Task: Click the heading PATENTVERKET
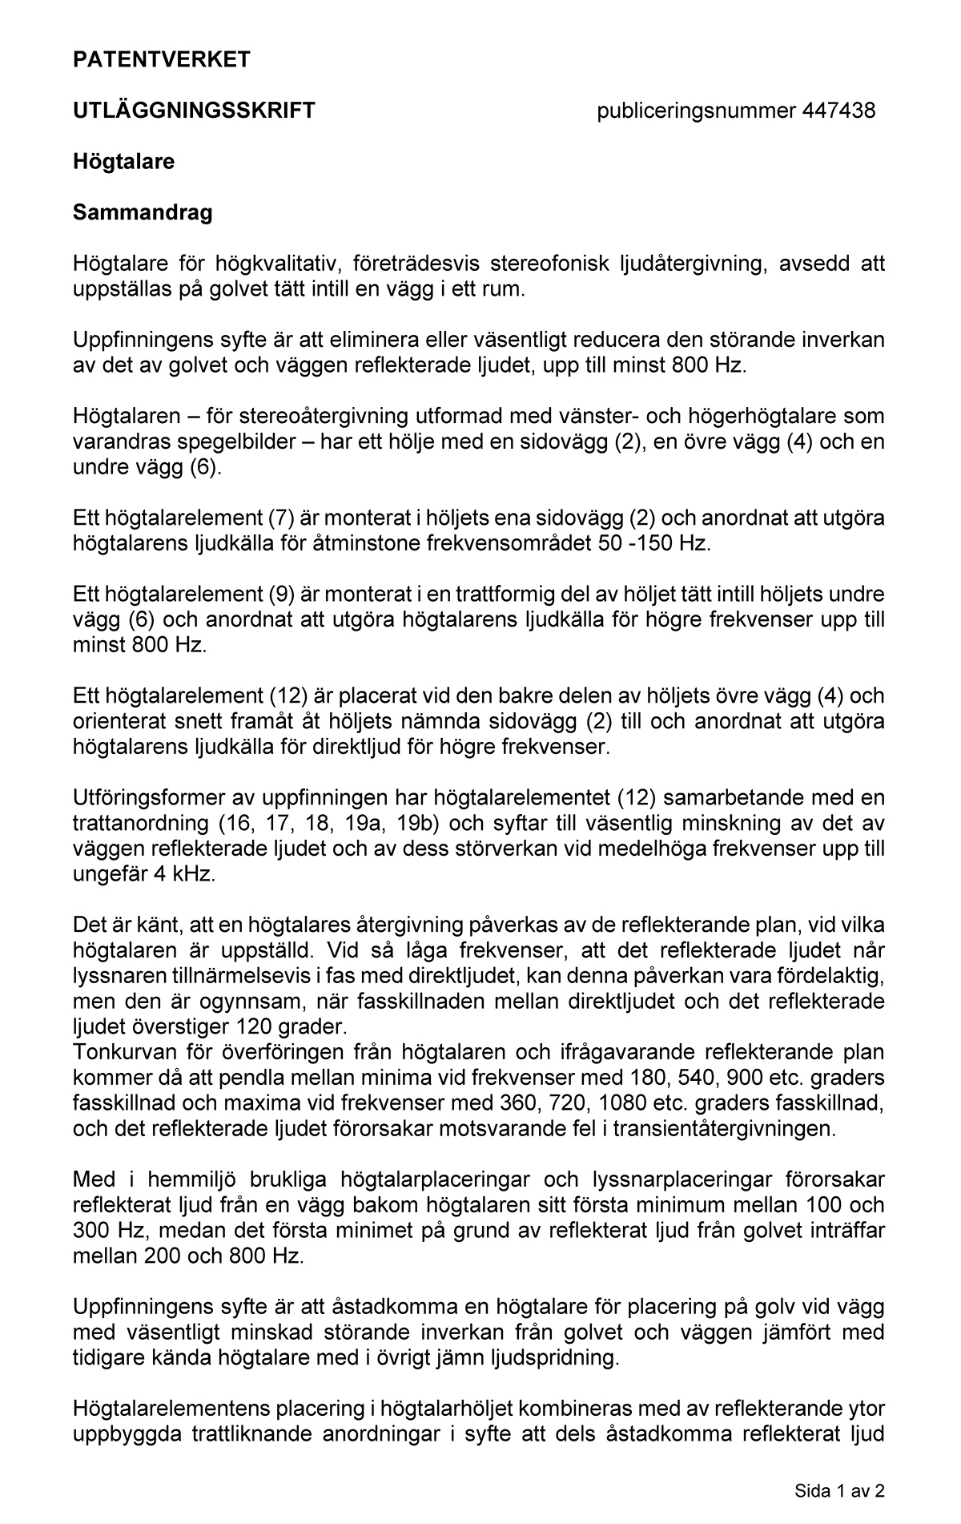coord(161,59)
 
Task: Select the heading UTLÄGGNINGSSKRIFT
coord(194,111)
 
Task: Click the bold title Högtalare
coord(123,162)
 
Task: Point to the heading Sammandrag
coord(143,213)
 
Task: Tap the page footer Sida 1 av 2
coord(839,1491)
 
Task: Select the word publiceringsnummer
coord(696,111)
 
